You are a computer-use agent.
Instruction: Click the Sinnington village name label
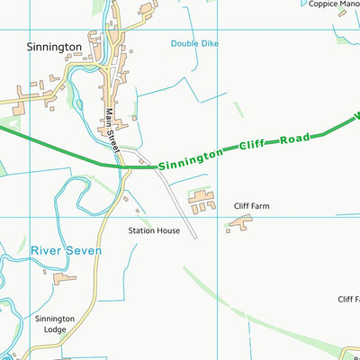pos(53,46)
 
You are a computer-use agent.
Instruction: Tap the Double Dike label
pos(194,43)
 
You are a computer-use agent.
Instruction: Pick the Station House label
pos(154,230)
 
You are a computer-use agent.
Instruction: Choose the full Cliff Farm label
pos(251,206)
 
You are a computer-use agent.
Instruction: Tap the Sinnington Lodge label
pos(55,324)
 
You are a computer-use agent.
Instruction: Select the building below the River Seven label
pos(65,279)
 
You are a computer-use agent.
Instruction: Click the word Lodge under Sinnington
pos(54,329)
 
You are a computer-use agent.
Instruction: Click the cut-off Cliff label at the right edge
pos(348,299)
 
